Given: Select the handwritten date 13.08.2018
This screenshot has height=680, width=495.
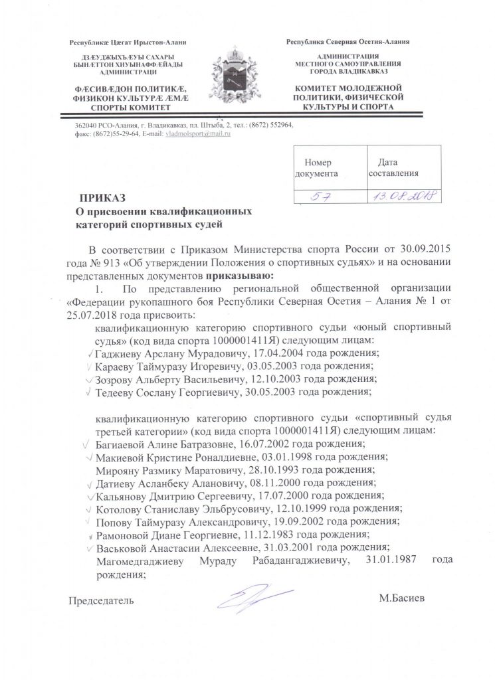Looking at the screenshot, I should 401,197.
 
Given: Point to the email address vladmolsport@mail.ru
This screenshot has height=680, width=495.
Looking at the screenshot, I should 197,135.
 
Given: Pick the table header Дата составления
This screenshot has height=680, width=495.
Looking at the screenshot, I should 393,168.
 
